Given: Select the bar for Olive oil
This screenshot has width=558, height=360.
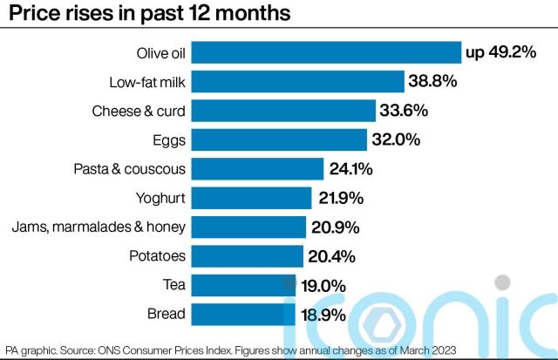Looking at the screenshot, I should pyautogui.click(x=325, y=53).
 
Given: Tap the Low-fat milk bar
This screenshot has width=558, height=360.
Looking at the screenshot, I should pyautogui.click(x=297, y=82).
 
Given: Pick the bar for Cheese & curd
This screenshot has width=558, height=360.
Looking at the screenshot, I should pyautogui.click(x=282, y=111).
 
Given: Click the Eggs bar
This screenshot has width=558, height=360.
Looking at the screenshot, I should pyautogui.click(x=279, y=139).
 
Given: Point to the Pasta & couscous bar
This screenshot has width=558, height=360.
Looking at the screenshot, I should pyautogui.click(x=257, y=168).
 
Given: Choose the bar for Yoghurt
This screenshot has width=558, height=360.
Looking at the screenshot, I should pyautogui.click(x=251, y=197).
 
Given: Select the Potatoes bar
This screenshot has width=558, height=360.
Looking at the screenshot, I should pyautogui.click(x=247, y=255).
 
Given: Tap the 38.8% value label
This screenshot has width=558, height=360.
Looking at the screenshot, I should pyautogui.click(x=432, y=82).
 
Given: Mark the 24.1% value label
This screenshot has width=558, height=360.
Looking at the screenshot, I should pyautogui.click(x=352, y=168).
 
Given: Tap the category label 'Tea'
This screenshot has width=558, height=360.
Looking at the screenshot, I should pyautogui.click(x=172, y=285).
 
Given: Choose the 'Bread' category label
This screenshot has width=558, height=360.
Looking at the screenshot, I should pyautogui.click(x=165, y=314).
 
